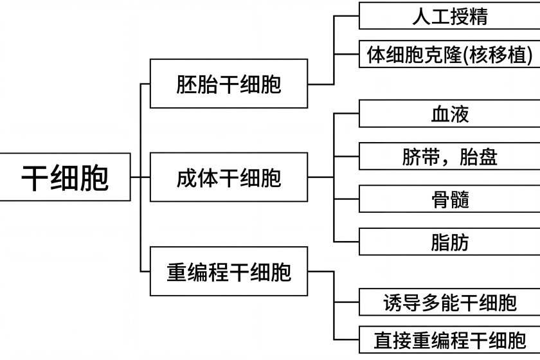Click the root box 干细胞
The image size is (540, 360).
[x=65, y=177]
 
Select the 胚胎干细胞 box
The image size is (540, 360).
[x=228, y=84]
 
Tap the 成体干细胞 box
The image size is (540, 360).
[x=228, y=177]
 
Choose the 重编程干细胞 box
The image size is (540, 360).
[x=228, y=271]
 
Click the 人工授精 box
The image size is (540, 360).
[x=449, y=15]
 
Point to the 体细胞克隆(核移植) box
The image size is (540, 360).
[x=449, y=55]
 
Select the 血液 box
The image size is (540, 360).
[x=449, y=114]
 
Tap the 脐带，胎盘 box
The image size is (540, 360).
[x=449, y=156]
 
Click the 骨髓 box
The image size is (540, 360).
[x=449, y=199]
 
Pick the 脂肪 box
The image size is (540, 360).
[x=449, y=242]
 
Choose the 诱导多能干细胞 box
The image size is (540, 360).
[x=449, y=301]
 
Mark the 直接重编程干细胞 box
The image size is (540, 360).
[x=449, y=339]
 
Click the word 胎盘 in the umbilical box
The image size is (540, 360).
[x=479, y=156]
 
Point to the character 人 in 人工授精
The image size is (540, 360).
[x=422, y=15]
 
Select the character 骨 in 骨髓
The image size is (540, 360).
[x=440, y=199]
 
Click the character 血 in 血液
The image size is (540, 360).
[x=440, y=114]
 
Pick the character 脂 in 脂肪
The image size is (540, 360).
[x=440, y=242]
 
